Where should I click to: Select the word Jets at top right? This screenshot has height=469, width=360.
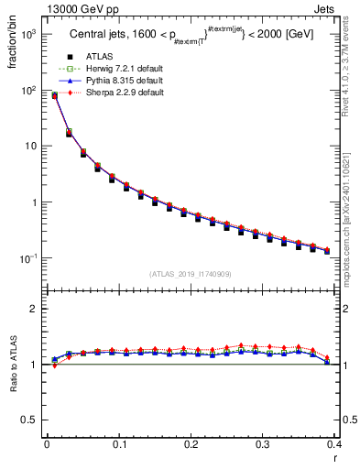[338, 8]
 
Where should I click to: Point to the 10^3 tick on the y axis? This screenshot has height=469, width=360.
[28, 34]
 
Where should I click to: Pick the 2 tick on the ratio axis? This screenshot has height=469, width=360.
[32, 309]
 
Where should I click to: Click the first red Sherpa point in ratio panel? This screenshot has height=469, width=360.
[54, 365]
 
